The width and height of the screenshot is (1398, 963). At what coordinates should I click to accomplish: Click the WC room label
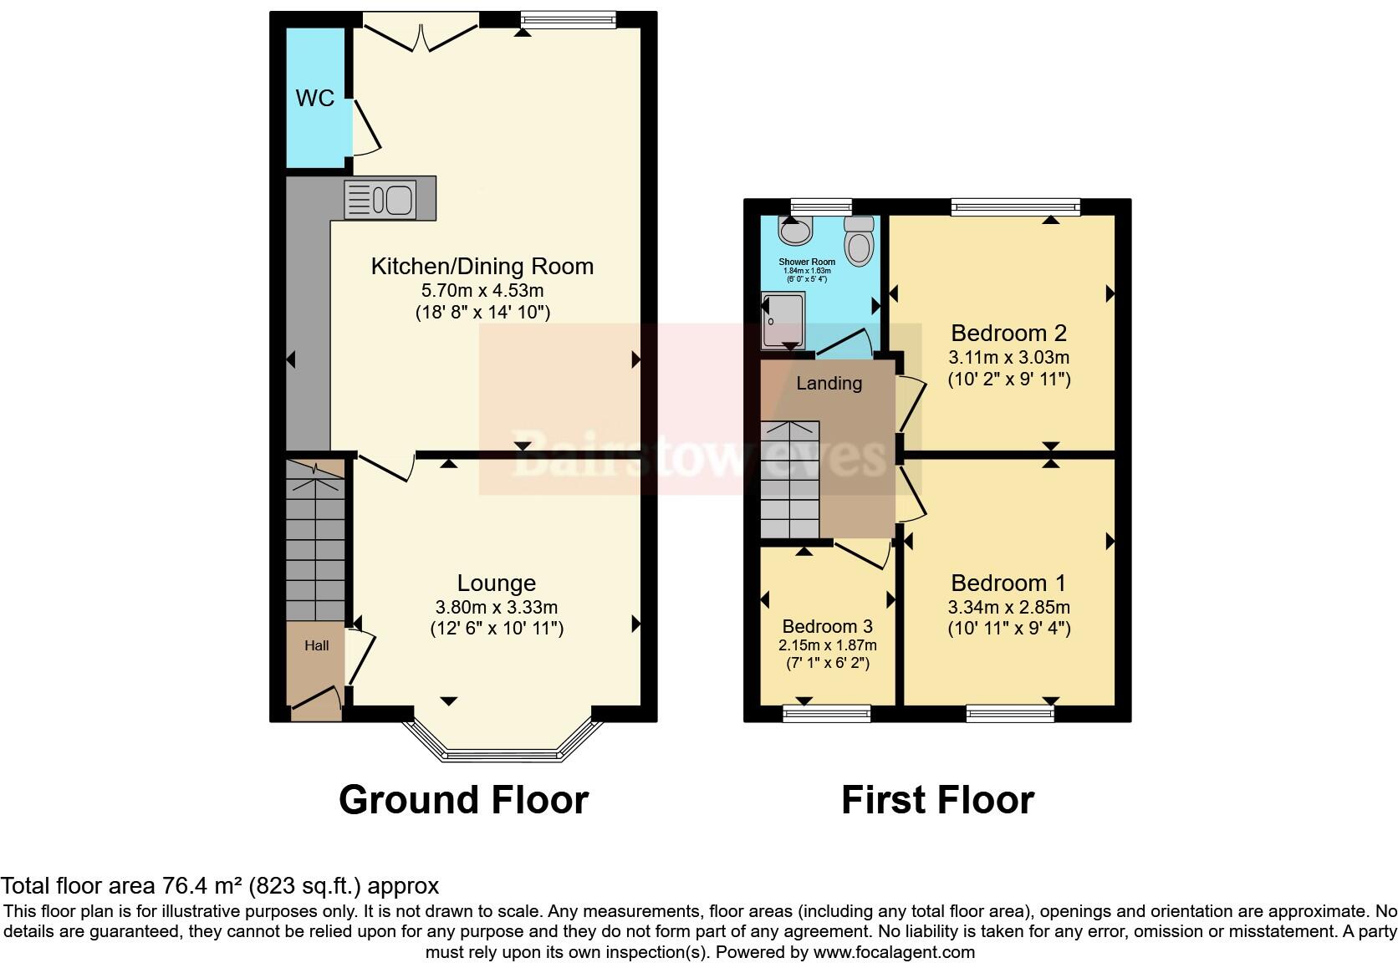tap(314, 98)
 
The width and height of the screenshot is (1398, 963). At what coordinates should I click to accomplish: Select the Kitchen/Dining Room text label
tap(482, 267)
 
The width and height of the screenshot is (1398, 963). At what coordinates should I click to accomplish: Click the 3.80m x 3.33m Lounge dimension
tap(496, 607)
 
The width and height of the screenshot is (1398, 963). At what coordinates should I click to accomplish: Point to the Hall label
tap(316, 645)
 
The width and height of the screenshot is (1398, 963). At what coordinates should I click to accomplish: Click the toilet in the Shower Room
tap(859, 241)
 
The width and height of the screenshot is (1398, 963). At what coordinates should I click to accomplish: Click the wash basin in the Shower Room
tap(794, 227)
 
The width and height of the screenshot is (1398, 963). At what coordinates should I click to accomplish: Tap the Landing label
tap(829, 383)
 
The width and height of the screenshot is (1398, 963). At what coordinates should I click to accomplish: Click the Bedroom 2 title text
tap(1008, 333)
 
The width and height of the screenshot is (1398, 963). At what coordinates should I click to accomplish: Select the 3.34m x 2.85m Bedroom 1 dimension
tap(1008, 607)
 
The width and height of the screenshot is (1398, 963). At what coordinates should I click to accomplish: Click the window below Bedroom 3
tap(826, 712)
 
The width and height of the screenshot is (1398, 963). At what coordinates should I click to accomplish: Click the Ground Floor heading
tap(463, 799)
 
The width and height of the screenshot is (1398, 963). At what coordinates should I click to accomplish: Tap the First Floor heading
tap(937, 799)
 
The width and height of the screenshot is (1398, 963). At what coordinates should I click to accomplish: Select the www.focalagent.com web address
tap(893, 951)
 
